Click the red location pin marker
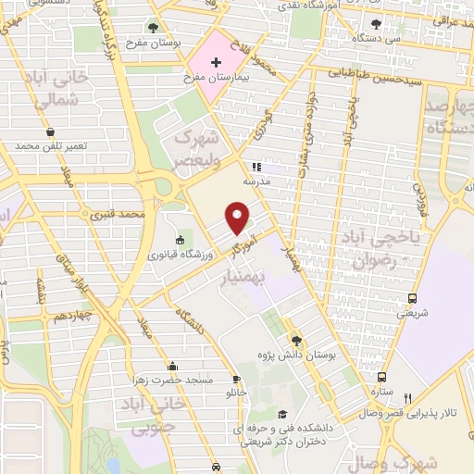coord(239,218)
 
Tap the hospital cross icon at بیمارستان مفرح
coord(217,63)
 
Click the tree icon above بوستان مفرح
coord(153,27)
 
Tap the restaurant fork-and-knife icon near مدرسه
coord(256,168)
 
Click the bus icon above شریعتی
coord(412,298)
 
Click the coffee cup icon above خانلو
coord(236,379)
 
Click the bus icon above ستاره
coord(381,378)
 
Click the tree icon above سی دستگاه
coord(374,24)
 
